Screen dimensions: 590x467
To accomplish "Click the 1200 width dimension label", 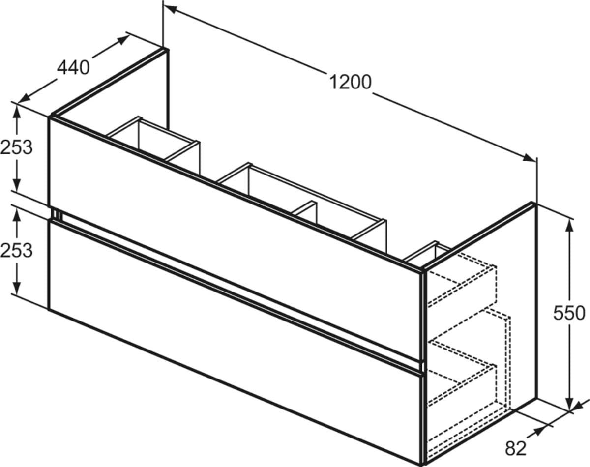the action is click(350, 82).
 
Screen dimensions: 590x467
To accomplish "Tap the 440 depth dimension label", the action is click(73, 67).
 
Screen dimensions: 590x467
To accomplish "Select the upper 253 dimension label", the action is click(16, 147).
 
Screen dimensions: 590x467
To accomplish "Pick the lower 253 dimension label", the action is click(16, 251).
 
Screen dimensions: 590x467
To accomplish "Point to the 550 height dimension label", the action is click(569, 313).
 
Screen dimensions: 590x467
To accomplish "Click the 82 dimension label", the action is click(516, 449).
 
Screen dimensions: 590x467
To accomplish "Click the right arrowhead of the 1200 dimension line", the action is click(529, 158).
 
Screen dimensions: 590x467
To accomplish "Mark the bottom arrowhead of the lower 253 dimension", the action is click(17, 288).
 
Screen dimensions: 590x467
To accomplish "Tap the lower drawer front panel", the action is click(236, 343).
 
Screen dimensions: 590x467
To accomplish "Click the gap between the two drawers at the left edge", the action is click(57, 214).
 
